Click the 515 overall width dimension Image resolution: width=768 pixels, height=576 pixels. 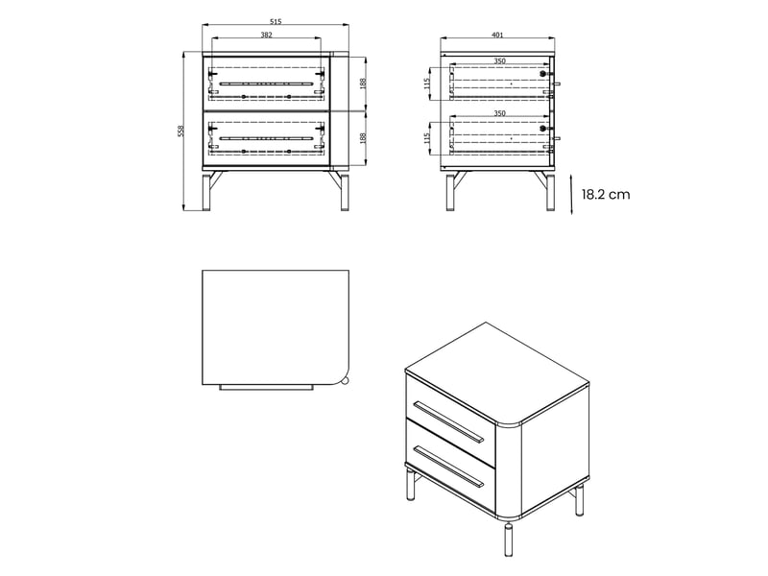point(276,21)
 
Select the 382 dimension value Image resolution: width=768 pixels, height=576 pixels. point(266,35)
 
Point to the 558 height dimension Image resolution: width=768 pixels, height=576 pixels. point(180,132)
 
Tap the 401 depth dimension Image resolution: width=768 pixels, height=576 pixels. point(497,35)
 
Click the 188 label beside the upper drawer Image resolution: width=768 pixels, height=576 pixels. point(363,84)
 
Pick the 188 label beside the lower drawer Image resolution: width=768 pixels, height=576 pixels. point(363,138)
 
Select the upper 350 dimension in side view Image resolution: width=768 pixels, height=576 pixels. point(499,61)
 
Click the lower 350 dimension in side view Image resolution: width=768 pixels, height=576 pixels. point(499,113)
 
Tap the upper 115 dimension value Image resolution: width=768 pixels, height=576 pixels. point(426,84)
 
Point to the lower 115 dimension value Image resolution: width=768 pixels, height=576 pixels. point(426,138)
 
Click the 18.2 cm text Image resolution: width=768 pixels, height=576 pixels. point(606,195)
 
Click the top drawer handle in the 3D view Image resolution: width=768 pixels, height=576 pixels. point(448,422)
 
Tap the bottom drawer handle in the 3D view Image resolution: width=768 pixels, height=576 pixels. point(448,467)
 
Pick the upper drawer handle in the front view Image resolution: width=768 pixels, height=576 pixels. point(266,84)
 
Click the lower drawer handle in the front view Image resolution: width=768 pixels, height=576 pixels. point(266,138)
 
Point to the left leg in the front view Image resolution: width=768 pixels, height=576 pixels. point(206,191)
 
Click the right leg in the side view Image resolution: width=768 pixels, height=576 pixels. point(550,191)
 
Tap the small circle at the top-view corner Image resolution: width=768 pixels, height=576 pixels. point(346,380)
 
